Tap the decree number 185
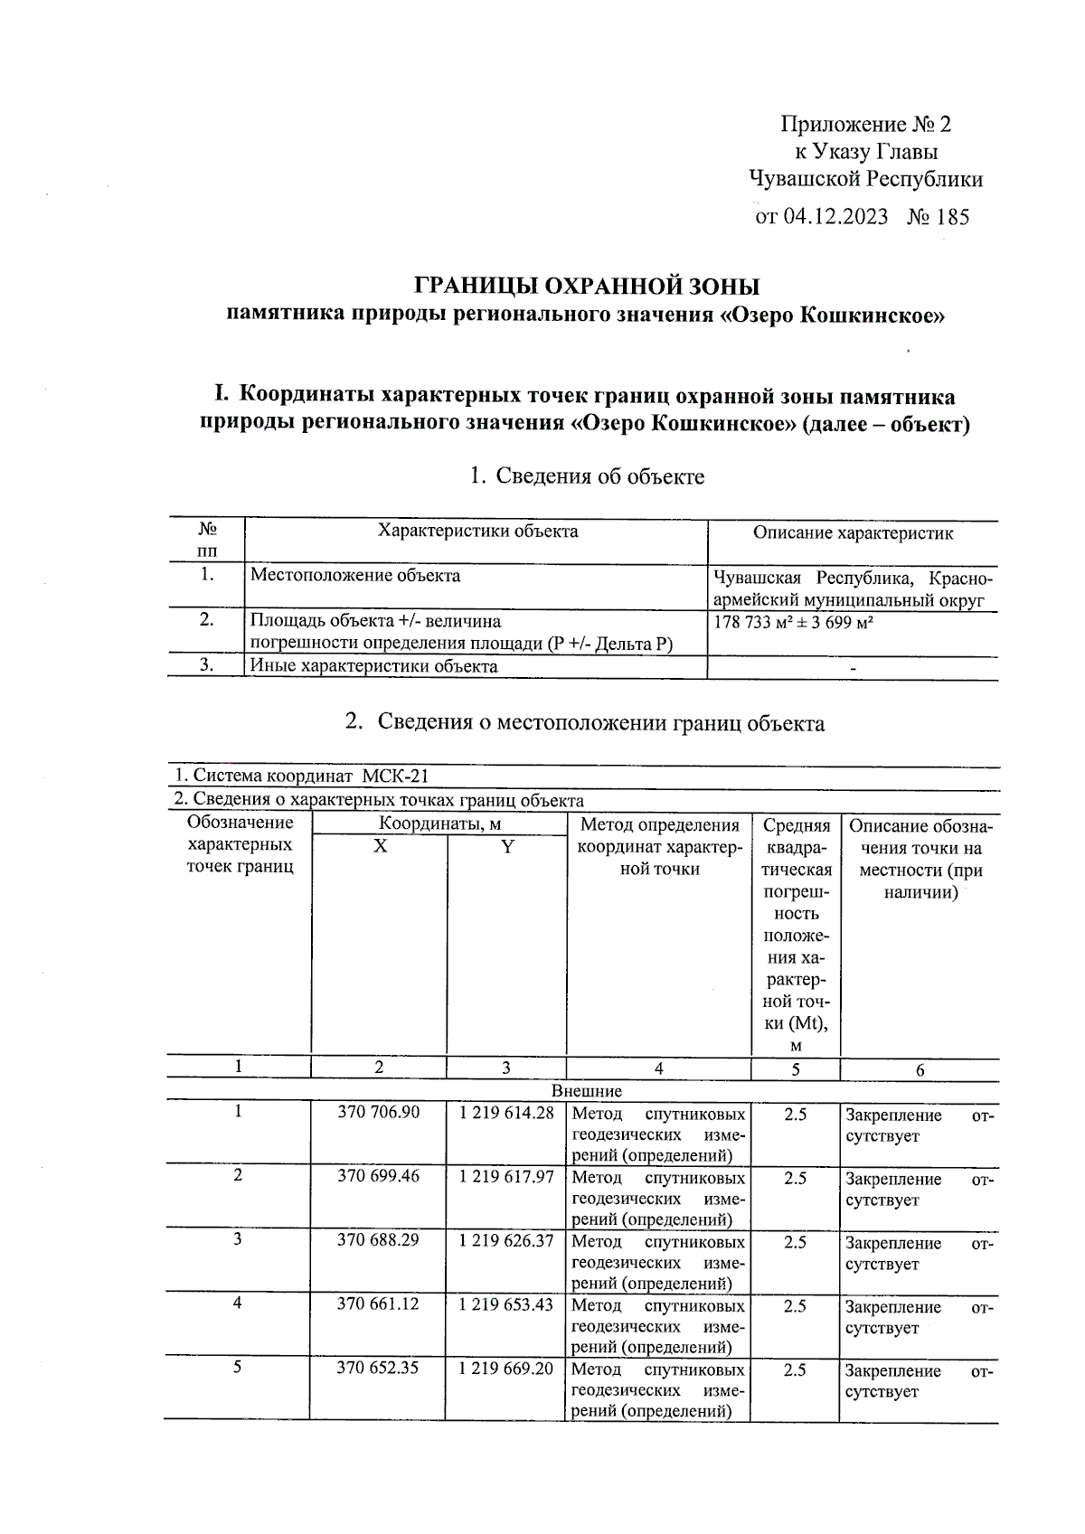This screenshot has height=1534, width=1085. pyautogui.click(x=951, y=217)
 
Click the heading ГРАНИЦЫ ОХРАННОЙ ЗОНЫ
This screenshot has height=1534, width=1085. pyautogui.click(x=586, y=287)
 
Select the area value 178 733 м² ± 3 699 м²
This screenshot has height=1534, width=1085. pyautogui.click(x=797, y=623)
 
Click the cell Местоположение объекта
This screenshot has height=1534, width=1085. pyautogui.click(x=355, y=576)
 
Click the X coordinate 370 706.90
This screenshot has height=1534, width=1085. pyautogui.click(x=378, y=1113)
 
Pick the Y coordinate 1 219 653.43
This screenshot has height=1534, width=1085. pyautogui.click(x=506, y=1305)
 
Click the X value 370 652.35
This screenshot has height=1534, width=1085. pyautogui.click(x=378, y=1369)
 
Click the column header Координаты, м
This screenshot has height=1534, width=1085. pyautogui.click(x=439, y=823)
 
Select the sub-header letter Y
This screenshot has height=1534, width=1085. pyautogui.click(x=507, y=847)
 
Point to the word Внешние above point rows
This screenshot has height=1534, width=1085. pyautogui.click(x=586, y=1091)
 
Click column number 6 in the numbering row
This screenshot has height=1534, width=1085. pyautogui.click(x=920, y=1070)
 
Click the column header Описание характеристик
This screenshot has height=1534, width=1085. pyautogui.click(x=853, y=533)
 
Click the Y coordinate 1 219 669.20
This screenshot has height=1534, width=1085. pyautogui.click(x=506, y=1369)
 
